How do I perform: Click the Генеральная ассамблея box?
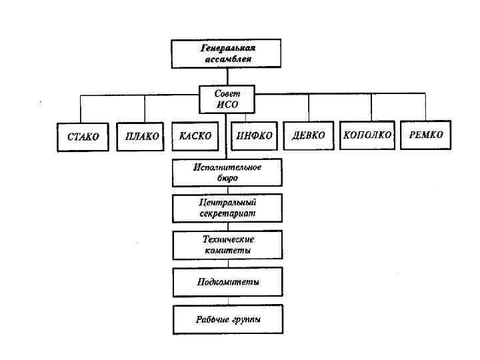coord(226,53)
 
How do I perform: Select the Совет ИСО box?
coord(227,99)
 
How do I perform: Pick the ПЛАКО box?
coord(141,136)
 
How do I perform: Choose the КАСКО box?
coord(195,135)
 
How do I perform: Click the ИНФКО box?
coord(254,135)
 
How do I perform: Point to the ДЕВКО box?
coord(308,135)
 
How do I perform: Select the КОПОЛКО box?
coord(367,135)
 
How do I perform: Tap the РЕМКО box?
coord(425,135)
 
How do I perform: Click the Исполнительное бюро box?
coord(227,173)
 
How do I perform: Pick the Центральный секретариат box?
coord(227,208)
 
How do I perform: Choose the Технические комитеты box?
coord(227,245)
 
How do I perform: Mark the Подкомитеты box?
coord(227,282)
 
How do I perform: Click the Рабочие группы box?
coord(227,319)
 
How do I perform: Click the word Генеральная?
coord(228,48)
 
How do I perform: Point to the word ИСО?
coord(227,105)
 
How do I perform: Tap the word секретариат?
coord(227,214)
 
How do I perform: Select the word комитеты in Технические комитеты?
coord(227,251)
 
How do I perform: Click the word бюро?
coord(227,179)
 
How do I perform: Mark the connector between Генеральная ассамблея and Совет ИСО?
coord(227,76)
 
